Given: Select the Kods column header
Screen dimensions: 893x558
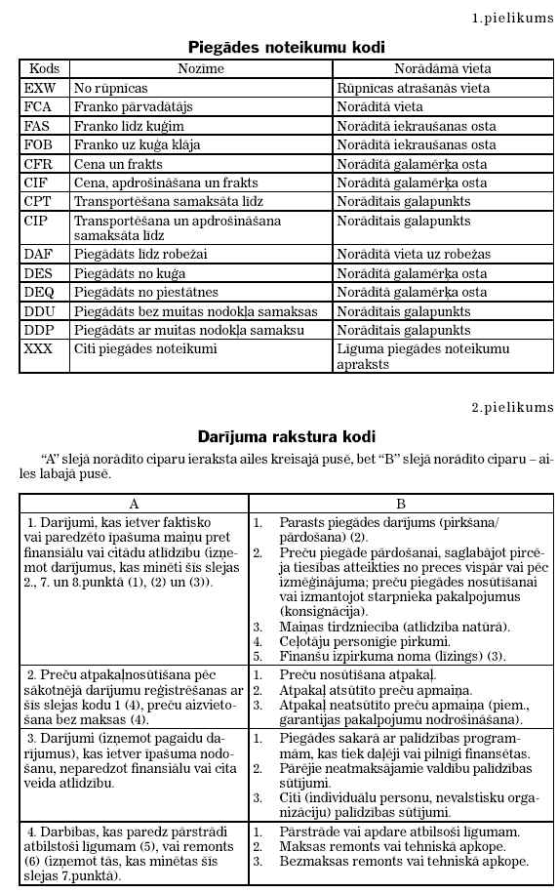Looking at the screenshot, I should pyautogui.click(x=45, y=69).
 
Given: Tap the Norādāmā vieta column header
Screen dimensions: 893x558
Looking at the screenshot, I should pyautogui.click(x=442, y=69).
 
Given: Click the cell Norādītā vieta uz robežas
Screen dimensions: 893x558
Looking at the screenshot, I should pyautogui.click(x=414, y=254).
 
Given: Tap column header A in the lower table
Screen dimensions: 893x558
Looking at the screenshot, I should pyautogui.click(x=134, y=504).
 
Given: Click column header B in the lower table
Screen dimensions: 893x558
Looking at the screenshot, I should pyautogui.click(x=401, y=504).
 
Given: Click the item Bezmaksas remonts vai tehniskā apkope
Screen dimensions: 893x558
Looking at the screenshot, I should pyautogui.click(x=404, y=862).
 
